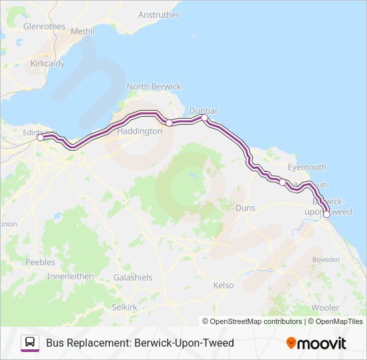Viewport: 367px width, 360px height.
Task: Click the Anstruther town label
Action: (158, 15)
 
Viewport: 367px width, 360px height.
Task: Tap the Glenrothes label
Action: (44, 27)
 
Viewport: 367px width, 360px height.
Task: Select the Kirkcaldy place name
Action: (47, 64)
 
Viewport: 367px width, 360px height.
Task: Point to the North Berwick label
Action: (153, 87)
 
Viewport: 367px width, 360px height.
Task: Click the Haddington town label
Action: (139, 131)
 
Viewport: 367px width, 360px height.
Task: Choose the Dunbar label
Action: (204, 110)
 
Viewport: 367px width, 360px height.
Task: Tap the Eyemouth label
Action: (307, 167)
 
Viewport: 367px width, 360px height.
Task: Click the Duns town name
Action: (246, 208)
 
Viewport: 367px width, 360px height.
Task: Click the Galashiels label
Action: (133, 277)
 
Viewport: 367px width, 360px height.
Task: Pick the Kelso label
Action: (224, 285)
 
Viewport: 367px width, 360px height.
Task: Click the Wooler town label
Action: (325, 307)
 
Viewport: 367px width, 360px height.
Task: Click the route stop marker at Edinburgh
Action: (40, 138)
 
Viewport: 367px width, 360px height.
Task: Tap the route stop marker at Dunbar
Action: (205, 118)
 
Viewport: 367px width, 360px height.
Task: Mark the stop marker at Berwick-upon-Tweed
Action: (327, 214)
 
